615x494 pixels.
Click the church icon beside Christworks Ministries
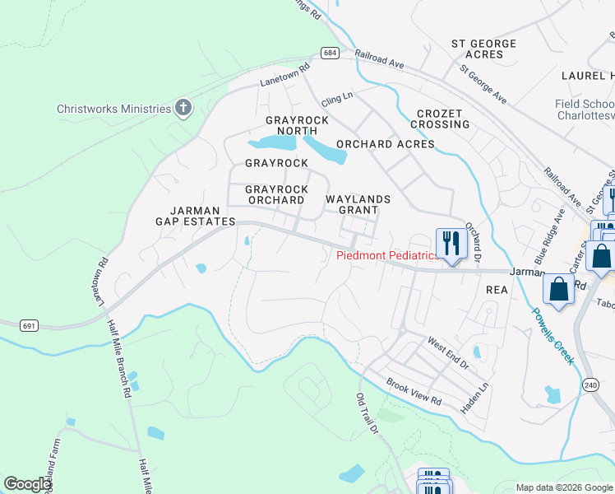(x=183, y=109)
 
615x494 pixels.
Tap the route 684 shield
(x=330, y=53)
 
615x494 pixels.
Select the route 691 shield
(x=29, y=326)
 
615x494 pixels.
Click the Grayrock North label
(x=297, y=125)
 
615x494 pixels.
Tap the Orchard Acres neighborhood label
(x=385, y=144)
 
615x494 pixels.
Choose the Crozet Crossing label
(x=442, y=119)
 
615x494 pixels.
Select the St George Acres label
(x=483, y=49)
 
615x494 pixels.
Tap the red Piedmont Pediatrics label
(x=387, y=256)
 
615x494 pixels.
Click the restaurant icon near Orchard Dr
(x=451, y=244)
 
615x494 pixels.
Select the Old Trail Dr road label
(x=366, y=414)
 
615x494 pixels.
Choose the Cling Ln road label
(x=336, y=97)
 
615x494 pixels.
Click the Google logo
(x=28, y=484)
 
